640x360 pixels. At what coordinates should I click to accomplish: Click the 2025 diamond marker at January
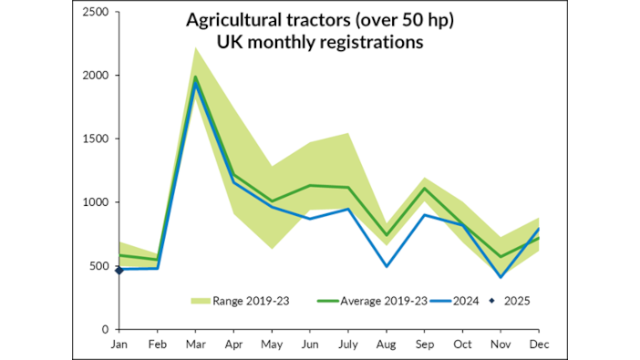[119, 270]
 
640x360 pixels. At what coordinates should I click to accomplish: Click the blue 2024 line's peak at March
[195, 84]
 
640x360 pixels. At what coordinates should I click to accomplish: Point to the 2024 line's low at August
[387, 266]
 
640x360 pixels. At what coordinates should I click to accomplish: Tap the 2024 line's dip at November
[501, 277]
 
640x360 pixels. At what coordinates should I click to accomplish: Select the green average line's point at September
[425, 189]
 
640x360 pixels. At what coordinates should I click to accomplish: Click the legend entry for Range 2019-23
[239, 301]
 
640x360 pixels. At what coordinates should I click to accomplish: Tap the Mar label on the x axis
[195, 345]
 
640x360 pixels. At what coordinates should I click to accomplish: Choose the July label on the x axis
[348, 345]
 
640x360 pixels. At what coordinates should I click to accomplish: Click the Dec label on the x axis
[539, 345]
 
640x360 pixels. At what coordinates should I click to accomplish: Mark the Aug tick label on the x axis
[387, 345]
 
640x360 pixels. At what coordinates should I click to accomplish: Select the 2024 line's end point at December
[539, 229]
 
